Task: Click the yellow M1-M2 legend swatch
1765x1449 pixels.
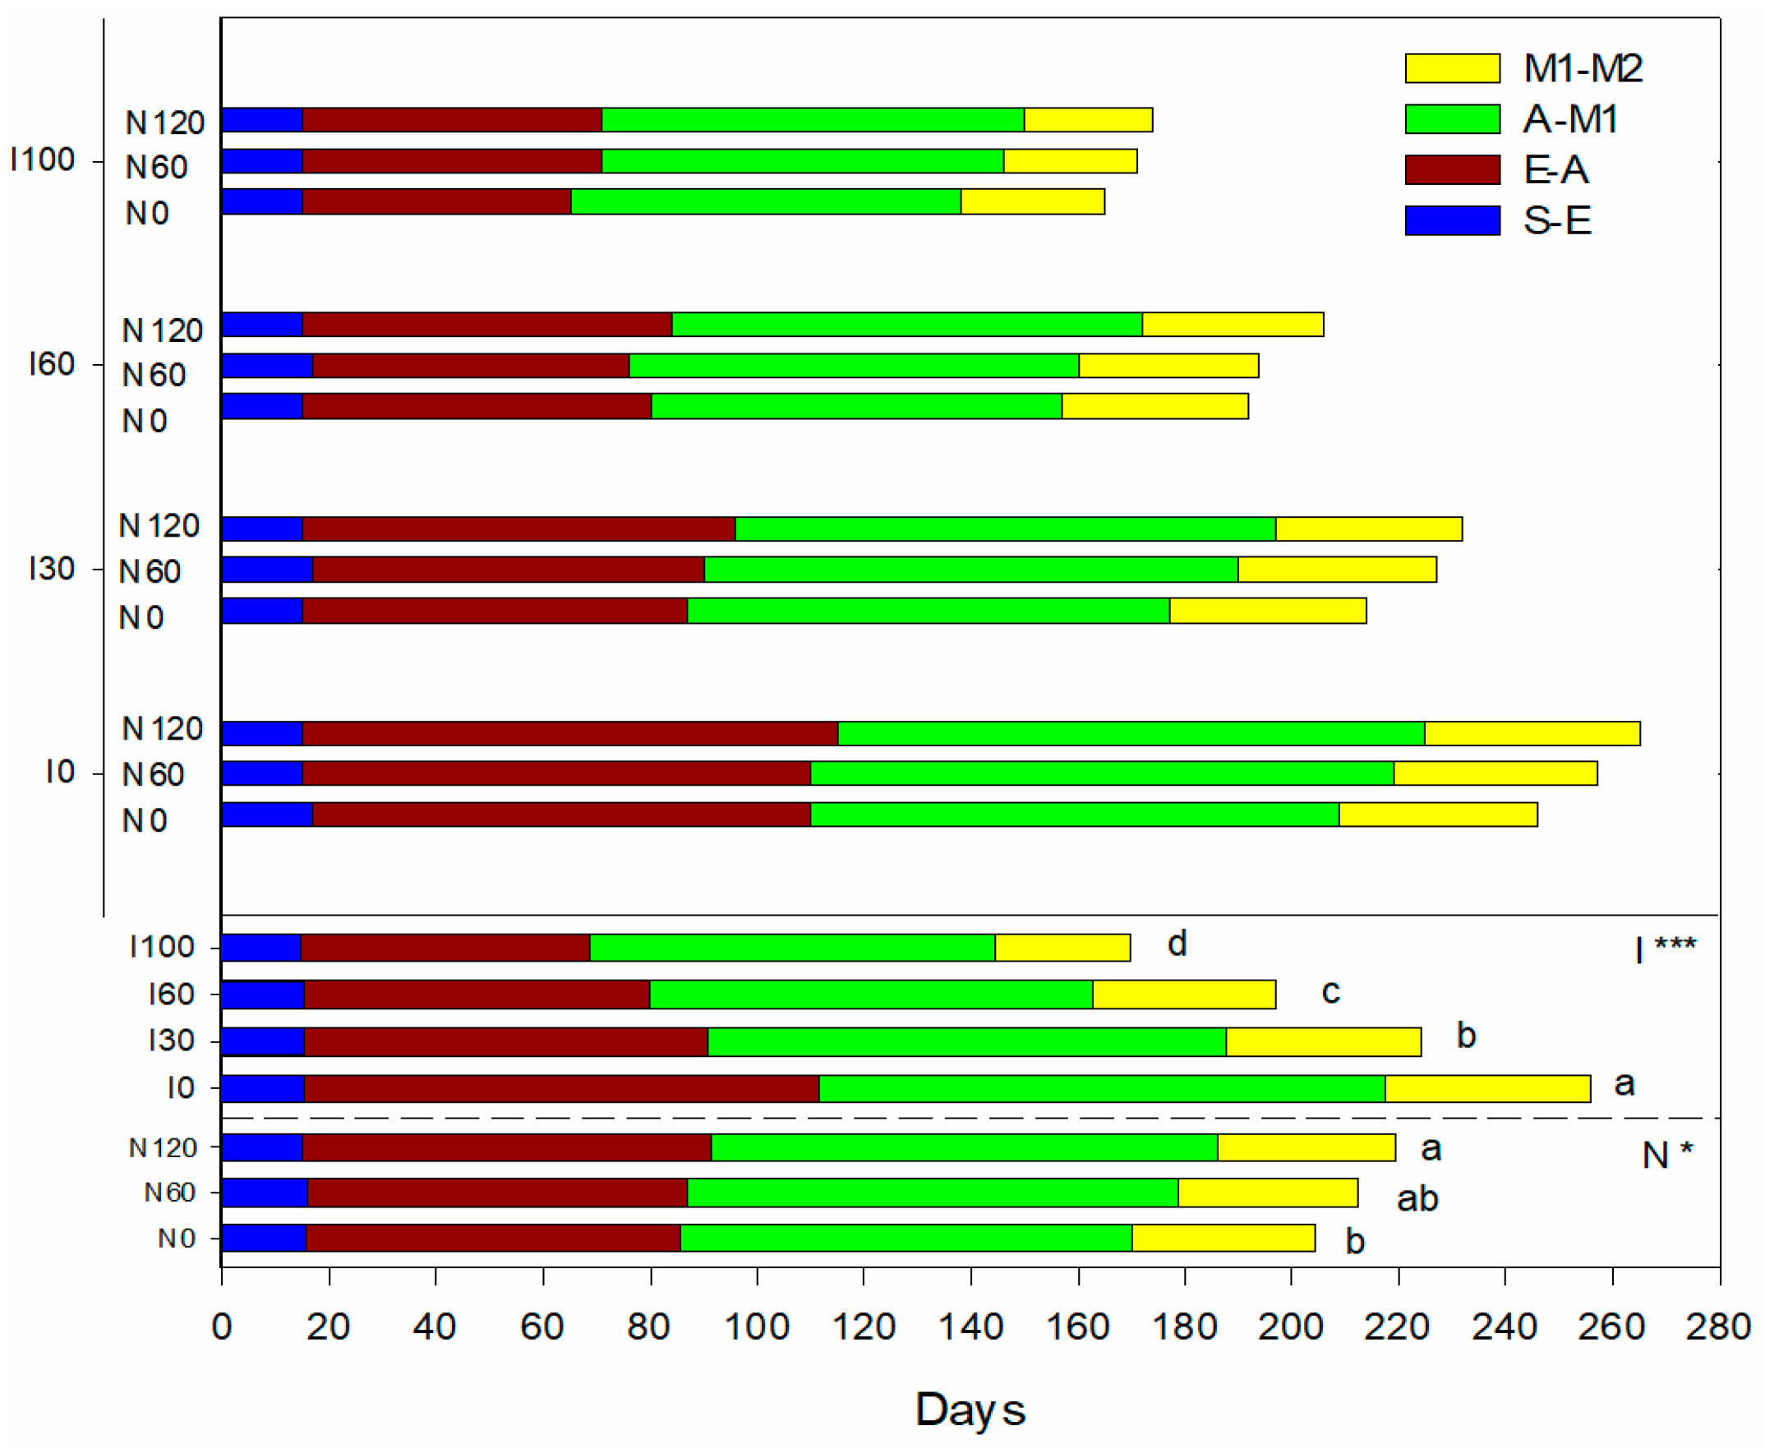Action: (1452, 68)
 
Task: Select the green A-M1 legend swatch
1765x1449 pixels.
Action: (1452, 119)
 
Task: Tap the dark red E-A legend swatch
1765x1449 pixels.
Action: (1452, 169)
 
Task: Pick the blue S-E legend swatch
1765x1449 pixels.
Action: (1452, 220)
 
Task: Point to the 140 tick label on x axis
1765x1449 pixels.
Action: (970, 1327)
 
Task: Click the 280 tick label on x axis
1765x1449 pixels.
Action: (1717, 1327)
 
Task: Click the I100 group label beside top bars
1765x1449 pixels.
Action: (42, 159)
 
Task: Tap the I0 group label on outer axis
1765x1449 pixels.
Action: (60, 772)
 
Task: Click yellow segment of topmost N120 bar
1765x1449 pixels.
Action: (1088, 120)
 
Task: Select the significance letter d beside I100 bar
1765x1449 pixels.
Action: (1177, 944)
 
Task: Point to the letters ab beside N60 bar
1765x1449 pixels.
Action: (1417, 1198)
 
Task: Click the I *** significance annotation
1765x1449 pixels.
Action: (1665, 949)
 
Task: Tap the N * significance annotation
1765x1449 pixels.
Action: (1667, 1156)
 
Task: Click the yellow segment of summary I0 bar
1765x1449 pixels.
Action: (1487, 1088)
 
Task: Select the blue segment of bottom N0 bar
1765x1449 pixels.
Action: (264, 1238)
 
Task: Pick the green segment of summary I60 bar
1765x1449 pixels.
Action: (871, 994)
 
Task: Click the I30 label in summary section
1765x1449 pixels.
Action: (171, 1041)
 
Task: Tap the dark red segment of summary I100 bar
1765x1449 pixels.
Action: (445, 948)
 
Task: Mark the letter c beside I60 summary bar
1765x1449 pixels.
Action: (1330, 991)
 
